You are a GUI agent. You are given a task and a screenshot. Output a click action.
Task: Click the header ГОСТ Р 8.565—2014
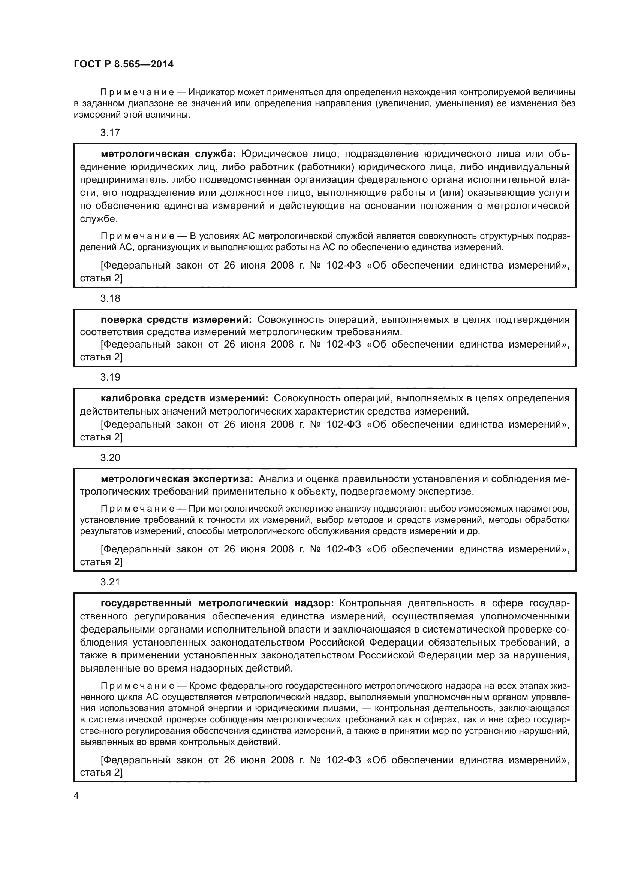point(123,64)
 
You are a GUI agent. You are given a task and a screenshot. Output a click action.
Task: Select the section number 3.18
point(110,298)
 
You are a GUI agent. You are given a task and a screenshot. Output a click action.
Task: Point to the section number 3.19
point(110,377)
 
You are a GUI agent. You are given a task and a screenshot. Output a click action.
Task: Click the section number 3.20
point(110,457)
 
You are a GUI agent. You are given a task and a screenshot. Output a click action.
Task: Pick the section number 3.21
point(110,582)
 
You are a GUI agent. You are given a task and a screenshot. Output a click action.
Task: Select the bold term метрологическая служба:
point(168,154)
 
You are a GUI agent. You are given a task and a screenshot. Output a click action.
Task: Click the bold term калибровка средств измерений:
point(184,398)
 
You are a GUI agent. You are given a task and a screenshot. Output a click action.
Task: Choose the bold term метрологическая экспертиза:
point(177,479)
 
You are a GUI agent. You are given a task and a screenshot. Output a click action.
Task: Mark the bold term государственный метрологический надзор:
point(217,603)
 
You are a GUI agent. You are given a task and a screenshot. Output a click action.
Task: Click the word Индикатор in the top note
point(211,93)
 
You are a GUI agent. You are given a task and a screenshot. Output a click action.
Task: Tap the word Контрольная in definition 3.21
point(370,603)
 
